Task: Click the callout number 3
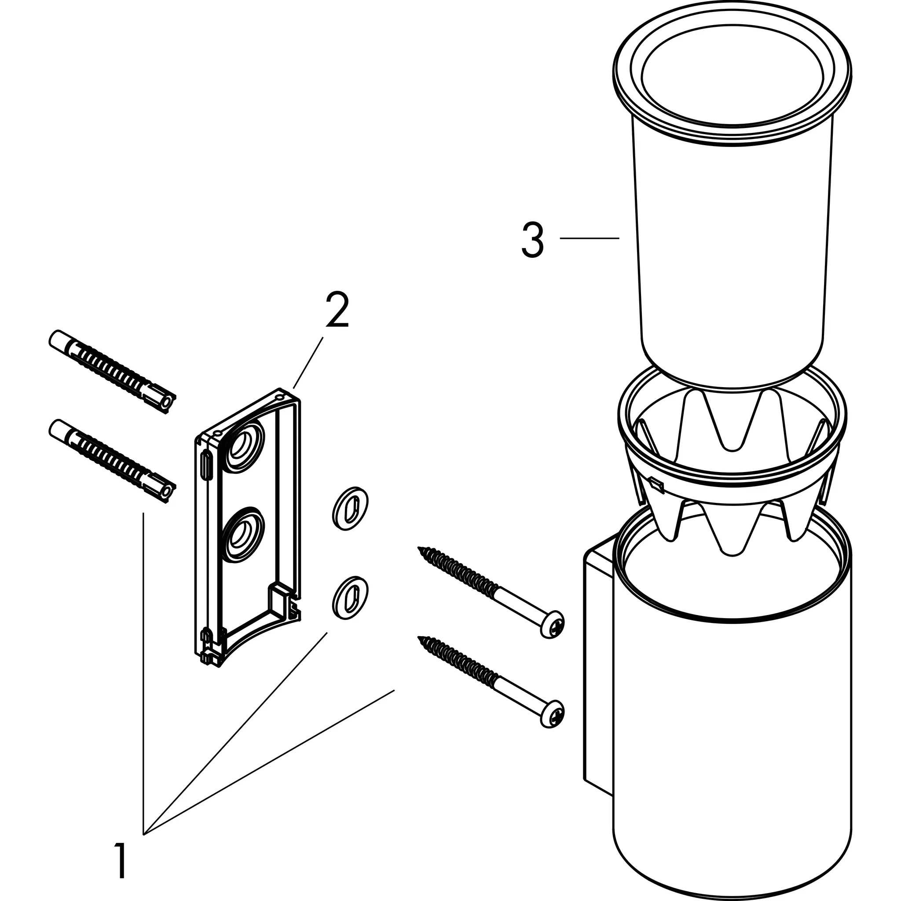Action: (533, 240)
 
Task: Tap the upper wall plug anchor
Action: (112, 373)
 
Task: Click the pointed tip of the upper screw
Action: (421, 549)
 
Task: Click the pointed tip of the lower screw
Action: (421, 638)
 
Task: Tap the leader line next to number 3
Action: (590, 238)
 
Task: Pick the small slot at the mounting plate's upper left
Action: (205, 465)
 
